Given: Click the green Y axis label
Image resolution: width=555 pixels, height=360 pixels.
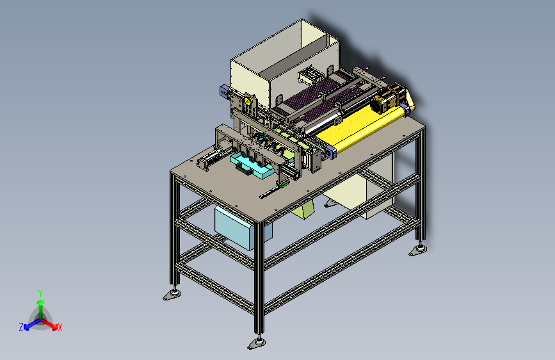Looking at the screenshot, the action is pyautogui.click(x=40, y=293).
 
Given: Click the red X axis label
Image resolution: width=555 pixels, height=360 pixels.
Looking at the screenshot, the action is pyautogui.click(x=60, y=327).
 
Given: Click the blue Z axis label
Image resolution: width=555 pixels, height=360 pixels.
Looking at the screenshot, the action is pyautogui.click(x=21, y=327).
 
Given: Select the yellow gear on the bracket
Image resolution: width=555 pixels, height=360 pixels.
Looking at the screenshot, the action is pyautogui.click(x=248, y=101).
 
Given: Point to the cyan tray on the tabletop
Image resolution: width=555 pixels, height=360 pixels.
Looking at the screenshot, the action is pyautogui.click(x=252, y=167).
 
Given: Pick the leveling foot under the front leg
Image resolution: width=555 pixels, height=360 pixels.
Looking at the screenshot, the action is pyautogui.click(x=257, y=343).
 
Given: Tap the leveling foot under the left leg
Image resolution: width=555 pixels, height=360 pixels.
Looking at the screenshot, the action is pyautogui.click(x=172, y=295).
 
